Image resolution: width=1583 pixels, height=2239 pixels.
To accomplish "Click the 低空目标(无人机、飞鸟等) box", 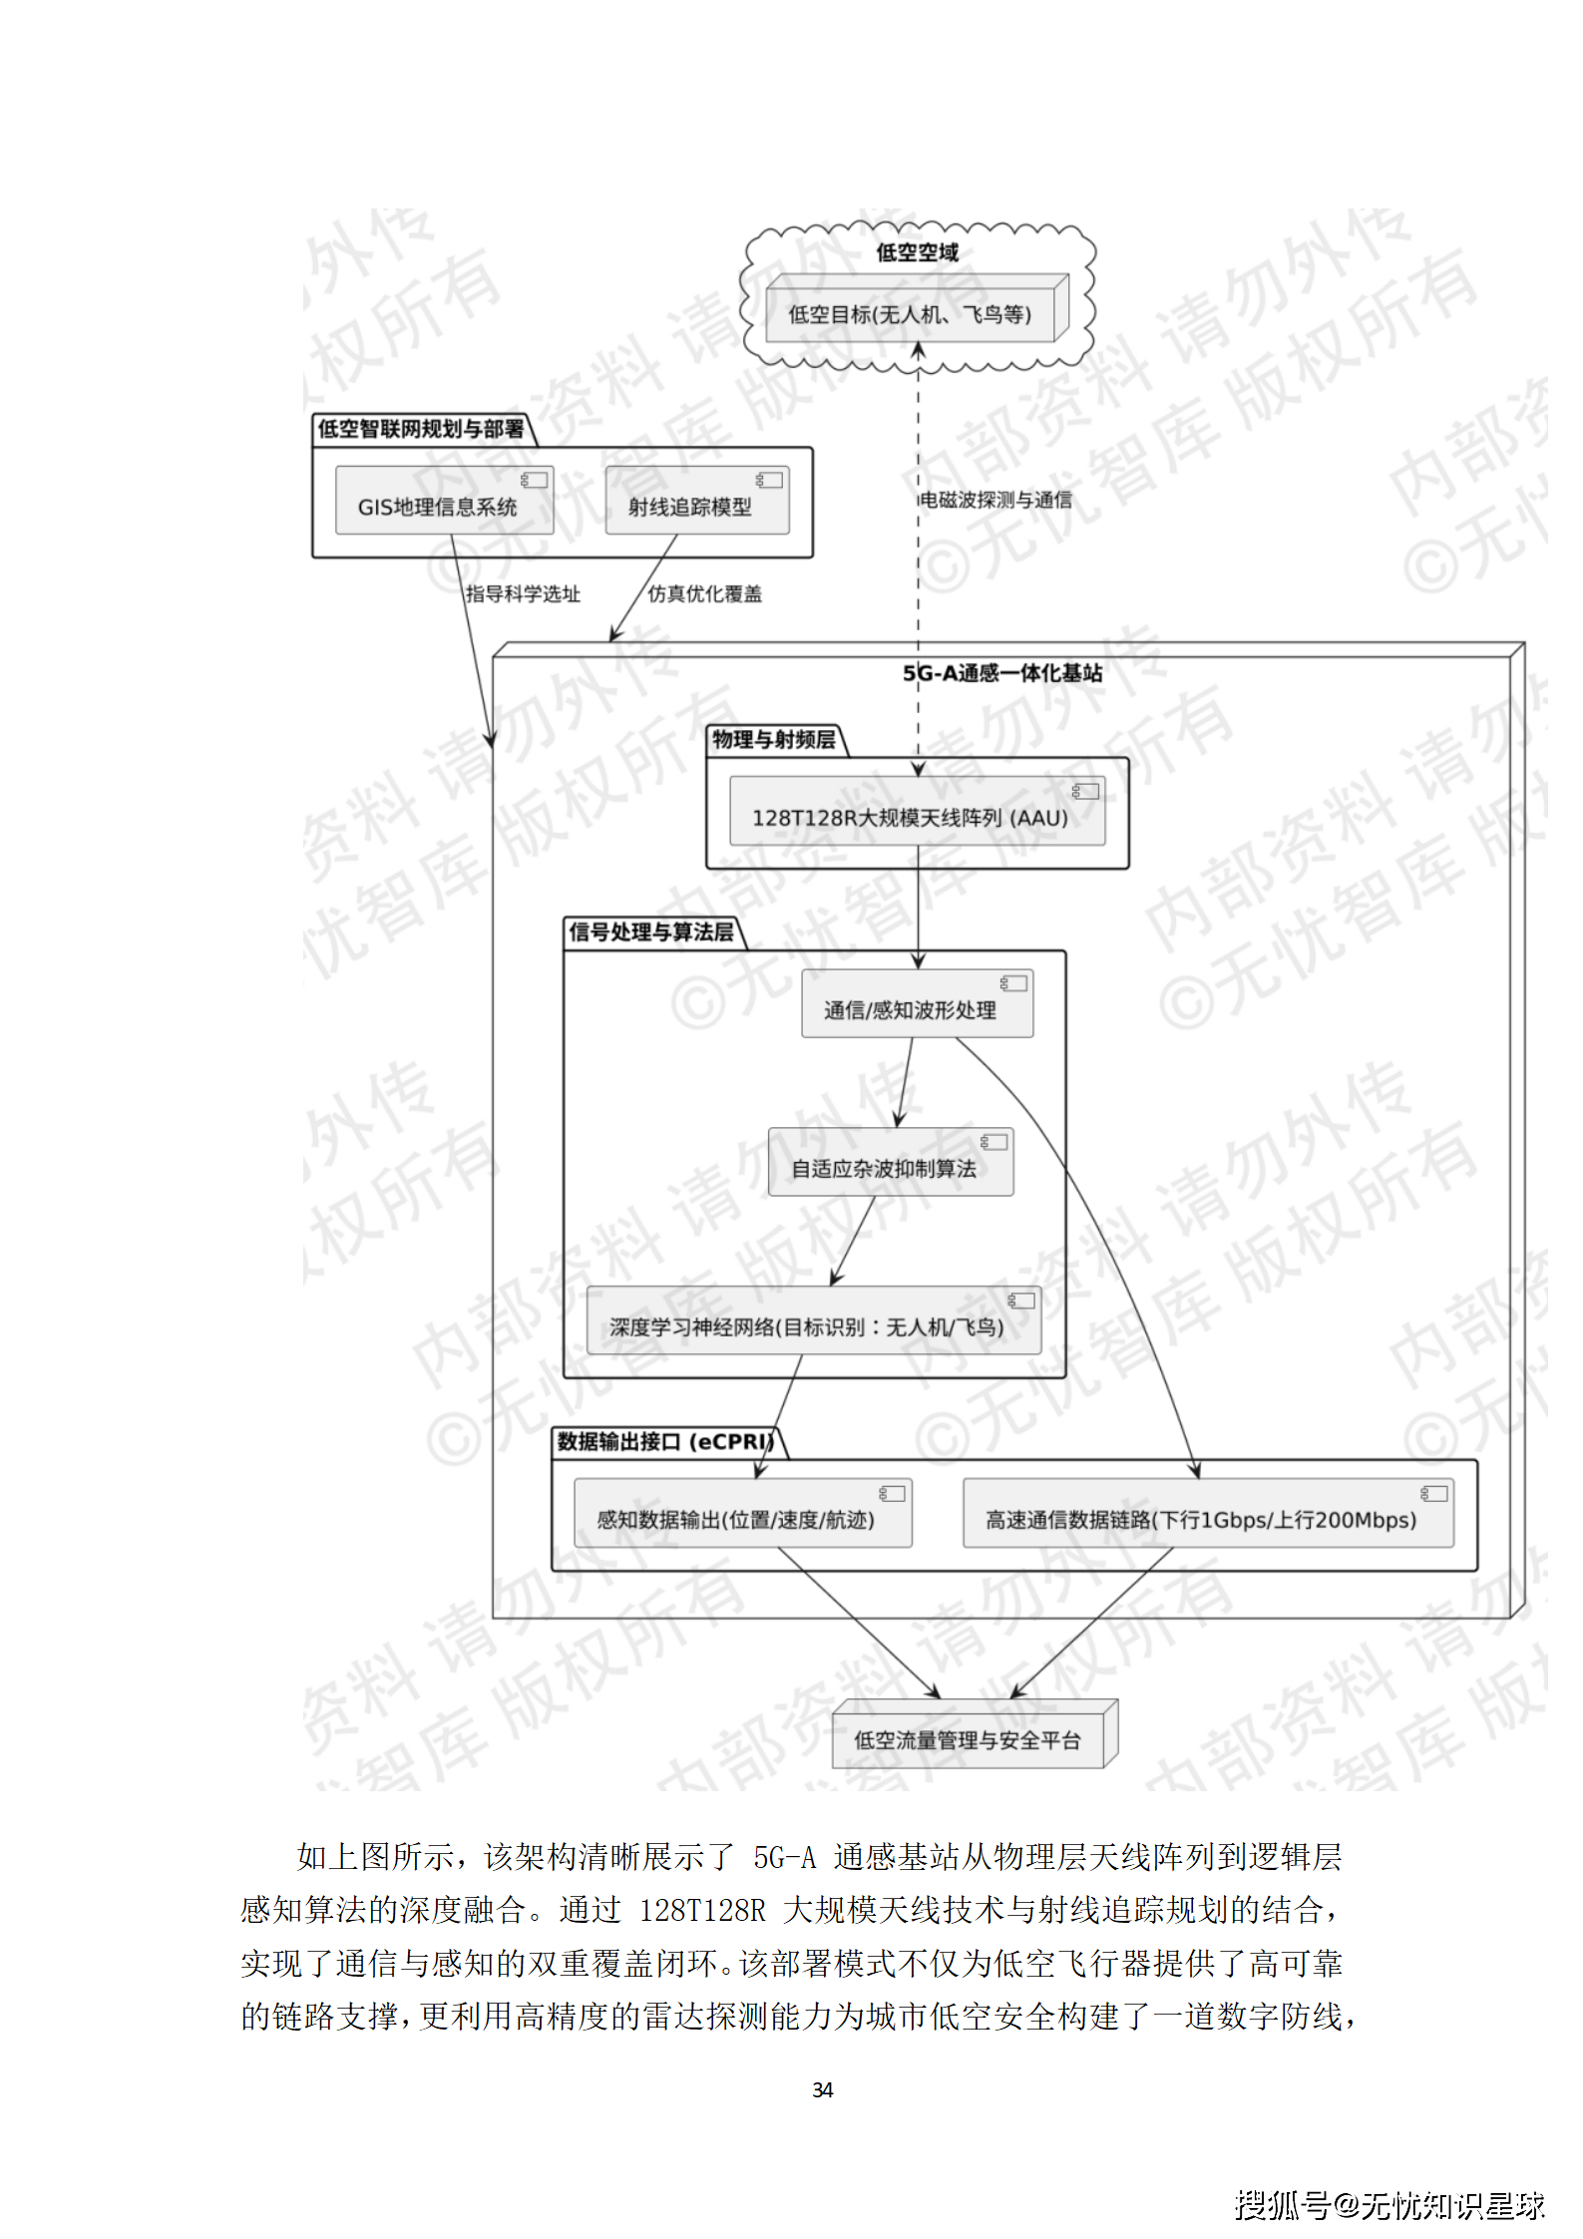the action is tap(910, 314).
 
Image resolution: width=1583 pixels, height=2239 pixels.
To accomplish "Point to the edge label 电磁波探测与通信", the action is tap(995, 500).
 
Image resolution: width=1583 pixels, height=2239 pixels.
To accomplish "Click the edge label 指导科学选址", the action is tap(523, 594).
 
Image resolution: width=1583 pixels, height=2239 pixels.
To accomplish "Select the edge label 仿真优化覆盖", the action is tap(704, 594).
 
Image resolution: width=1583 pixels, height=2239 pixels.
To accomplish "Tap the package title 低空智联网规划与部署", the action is tap(420, 430).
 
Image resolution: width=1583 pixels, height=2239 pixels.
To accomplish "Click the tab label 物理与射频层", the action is tap(774, 740).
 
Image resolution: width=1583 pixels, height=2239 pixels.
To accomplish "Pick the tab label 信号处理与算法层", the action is tap(650, 933).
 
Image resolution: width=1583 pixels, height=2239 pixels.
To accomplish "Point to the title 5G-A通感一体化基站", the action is tap(1002, 673).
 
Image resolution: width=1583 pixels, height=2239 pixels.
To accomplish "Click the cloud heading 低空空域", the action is tap(917, 253).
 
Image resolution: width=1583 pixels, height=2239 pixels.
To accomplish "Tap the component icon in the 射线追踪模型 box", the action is tap(769, 481).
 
